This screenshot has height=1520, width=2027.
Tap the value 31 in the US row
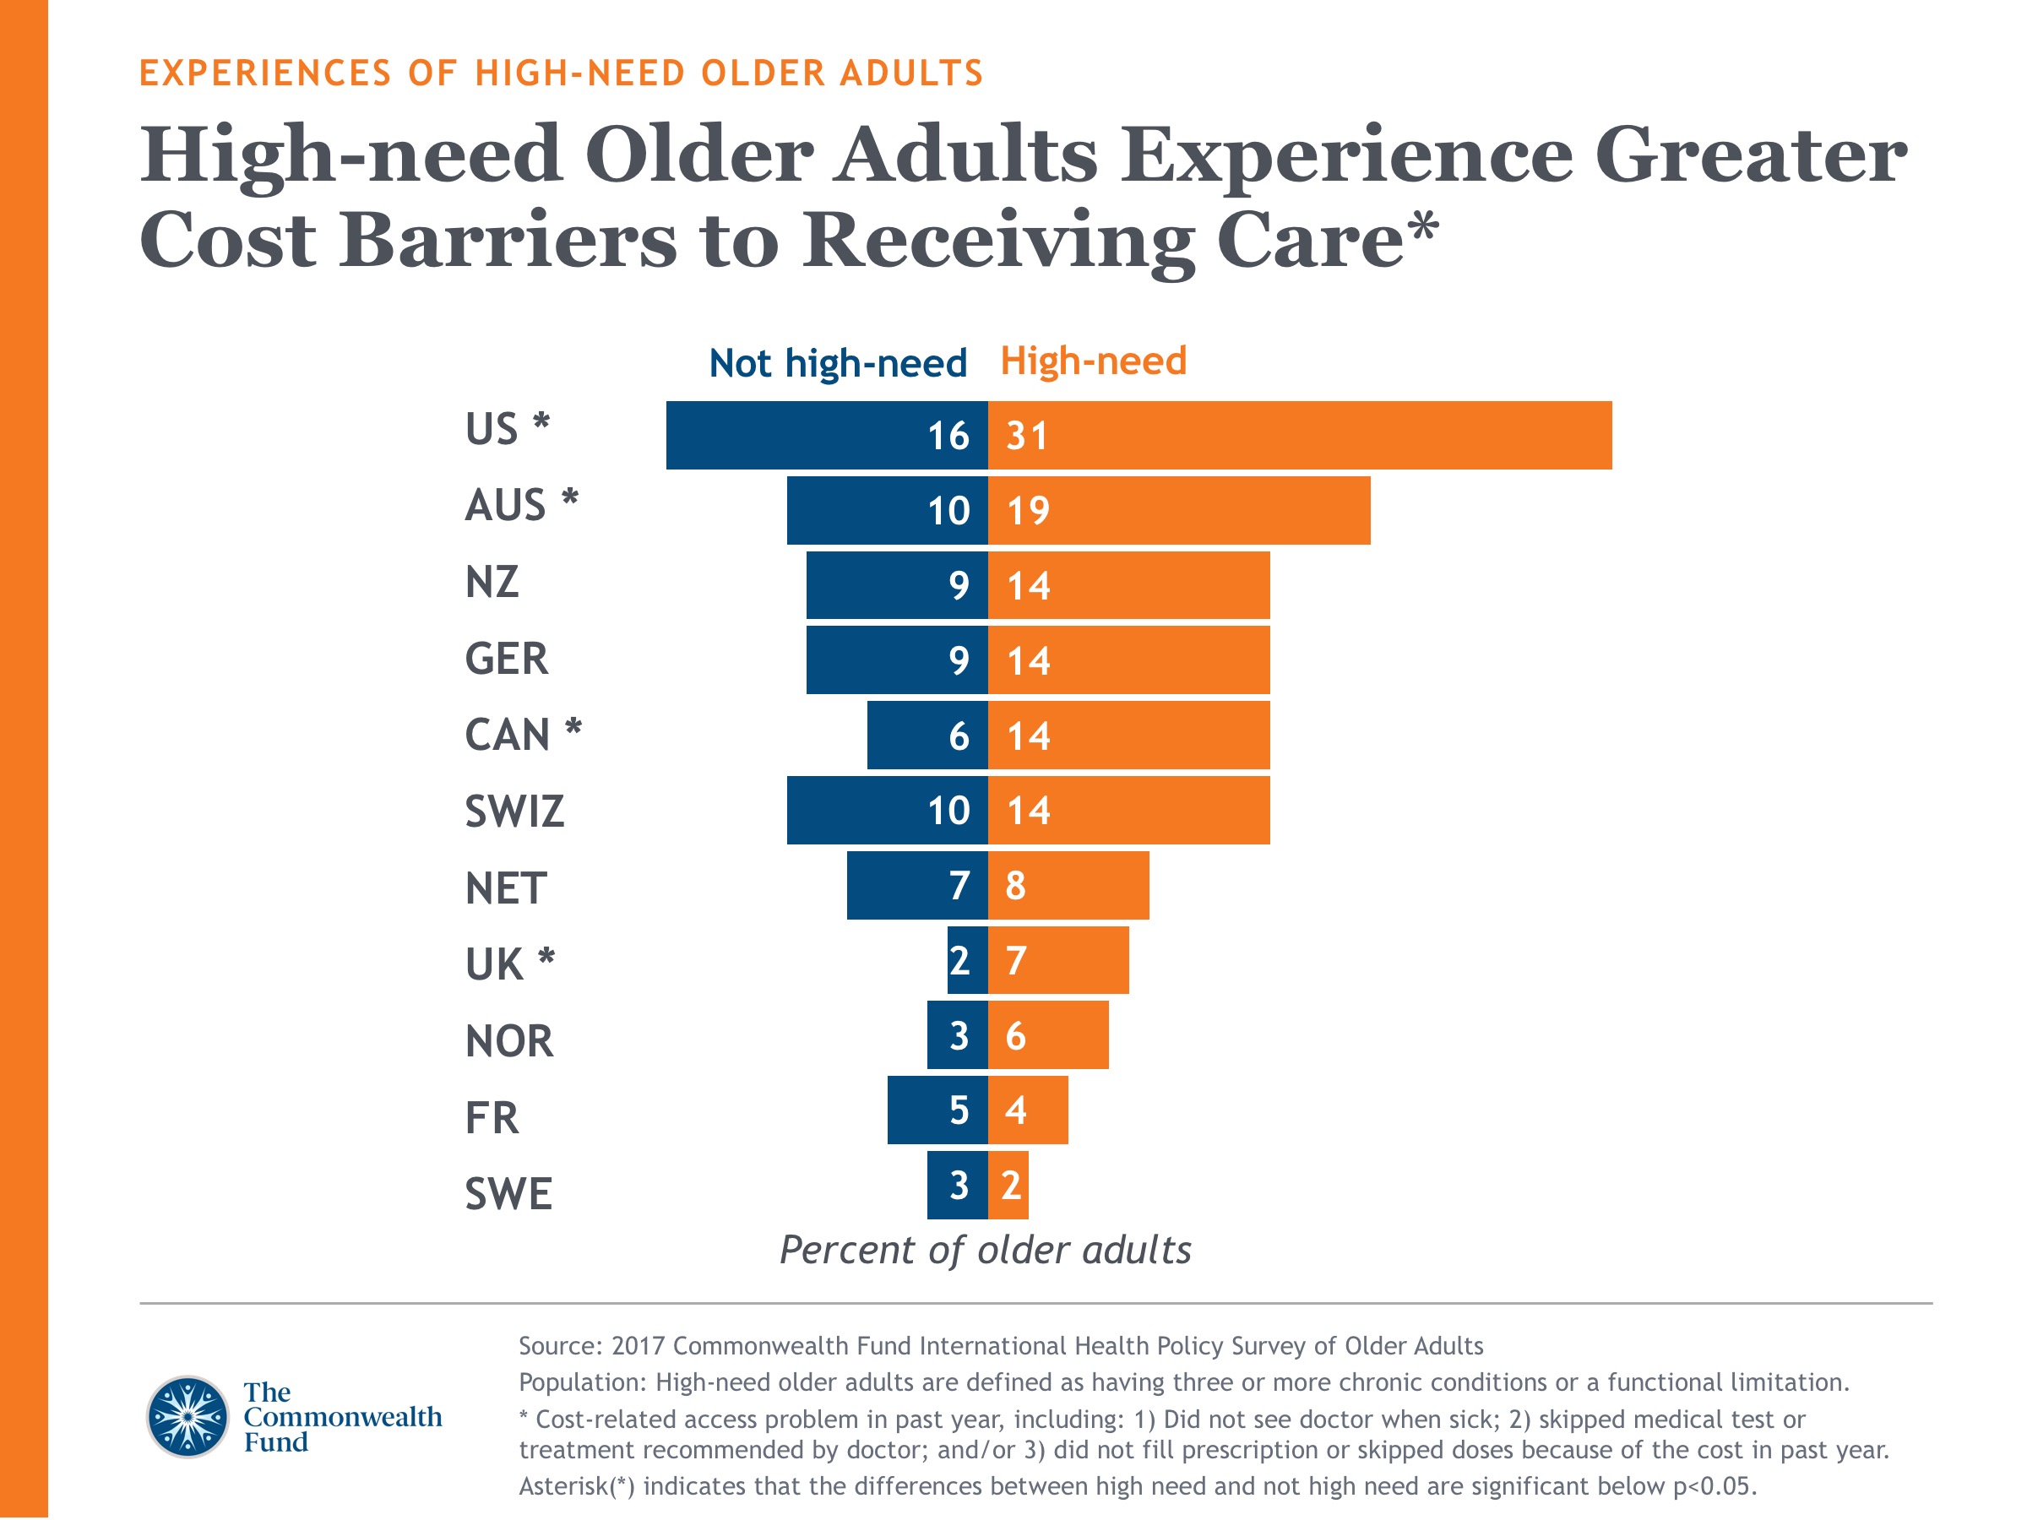tap(1026, 435)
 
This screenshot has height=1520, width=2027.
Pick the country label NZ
tap(492, 583)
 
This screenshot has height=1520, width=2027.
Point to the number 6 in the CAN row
tap(959, 736)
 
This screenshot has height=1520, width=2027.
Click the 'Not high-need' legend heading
tap(838, 364)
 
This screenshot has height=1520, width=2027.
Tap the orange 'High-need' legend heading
tap(1093, 361)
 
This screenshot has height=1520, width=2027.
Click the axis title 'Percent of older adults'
tap(985, 1250)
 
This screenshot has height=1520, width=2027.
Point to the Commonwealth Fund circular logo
tap(187, 1416)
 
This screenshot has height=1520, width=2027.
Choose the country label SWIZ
tap(514, 812)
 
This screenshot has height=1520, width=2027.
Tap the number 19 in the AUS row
tap(1027, 510)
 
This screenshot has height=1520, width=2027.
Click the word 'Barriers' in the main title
tap(508, 240)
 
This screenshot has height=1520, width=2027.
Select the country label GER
tap(507, 660)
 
